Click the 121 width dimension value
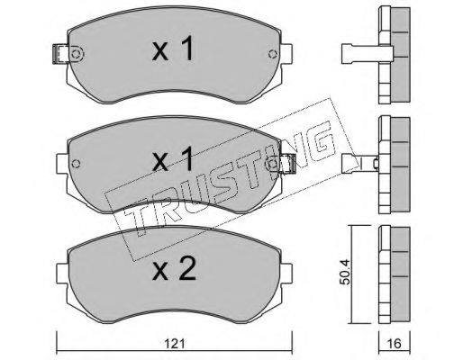(175, 344)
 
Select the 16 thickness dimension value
(395, 344)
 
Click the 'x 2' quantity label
(174, 269)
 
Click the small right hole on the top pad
(273, 54)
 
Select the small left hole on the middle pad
(77, 164)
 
